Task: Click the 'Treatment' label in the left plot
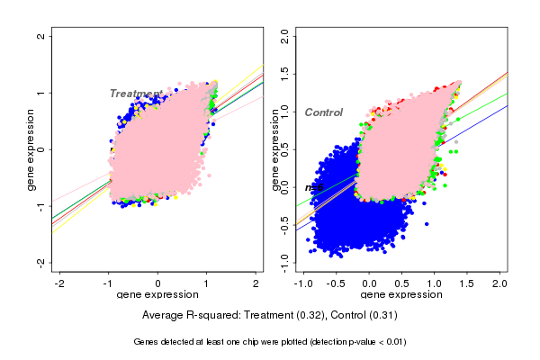click(x=136, y=94)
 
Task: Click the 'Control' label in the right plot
click(x=324, y=112)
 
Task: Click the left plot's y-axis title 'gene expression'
click(x=31, y=149)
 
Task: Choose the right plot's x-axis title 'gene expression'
click(x=402, y=294)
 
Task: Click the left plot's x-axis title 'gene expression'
click(x=158, y=294)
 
